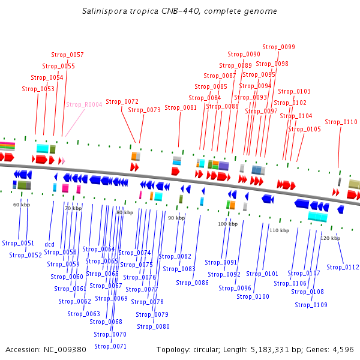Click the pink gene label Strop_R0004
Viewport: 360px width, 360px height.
(x=84, y=104)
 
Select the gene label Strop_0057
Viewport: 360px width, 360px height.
(x=67, y=55)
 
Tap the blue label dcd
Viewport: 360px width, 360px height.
(x=49, y=244)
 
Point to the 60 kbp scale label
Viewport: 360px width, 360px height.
(x=22, y=205)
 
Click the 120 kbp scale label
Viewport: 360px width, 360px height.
(x=330, y=238)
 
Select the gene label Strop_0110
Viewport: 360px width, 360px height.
(x=341, y=122)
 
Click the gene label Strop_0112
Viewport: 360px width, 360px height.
(x=343, y=267)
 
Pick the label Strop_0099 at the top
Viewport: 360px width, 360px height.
(x=278, y=47)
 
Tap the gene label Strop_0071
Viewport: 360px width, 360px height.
(x=110, y=346)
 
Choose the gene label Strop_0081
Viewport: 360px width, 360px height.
(x=181, y=107)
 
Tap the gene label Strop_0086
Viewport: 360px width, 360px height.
(x=192, y=283)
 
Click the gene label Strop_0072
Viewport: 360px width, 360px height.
(x=122, y=101)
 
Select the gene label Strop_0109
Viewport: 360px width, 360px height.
(x=311, y=305)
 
